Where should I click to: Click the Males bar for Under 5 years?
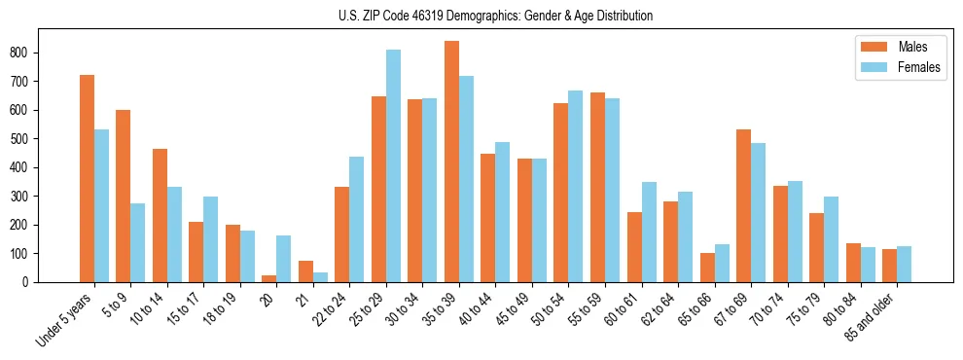tap(87, 178)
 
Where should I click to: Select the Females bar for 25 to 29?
tap(393, 165)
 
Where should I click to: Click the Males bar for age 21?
tap(305, 271)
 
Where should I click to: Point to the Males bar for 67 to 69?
tap(743, 205)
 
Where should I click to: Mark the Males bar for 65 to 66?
tap(707, 268)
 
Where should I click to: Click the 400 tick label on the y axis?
tap(45, 167)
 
